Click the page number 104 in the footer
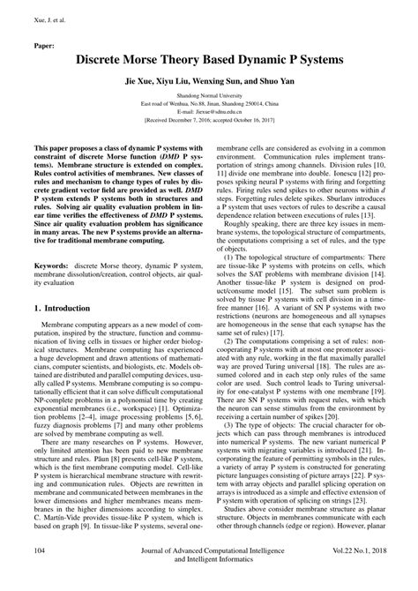click(41, 575)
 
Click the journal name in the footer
click(209, 579)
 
